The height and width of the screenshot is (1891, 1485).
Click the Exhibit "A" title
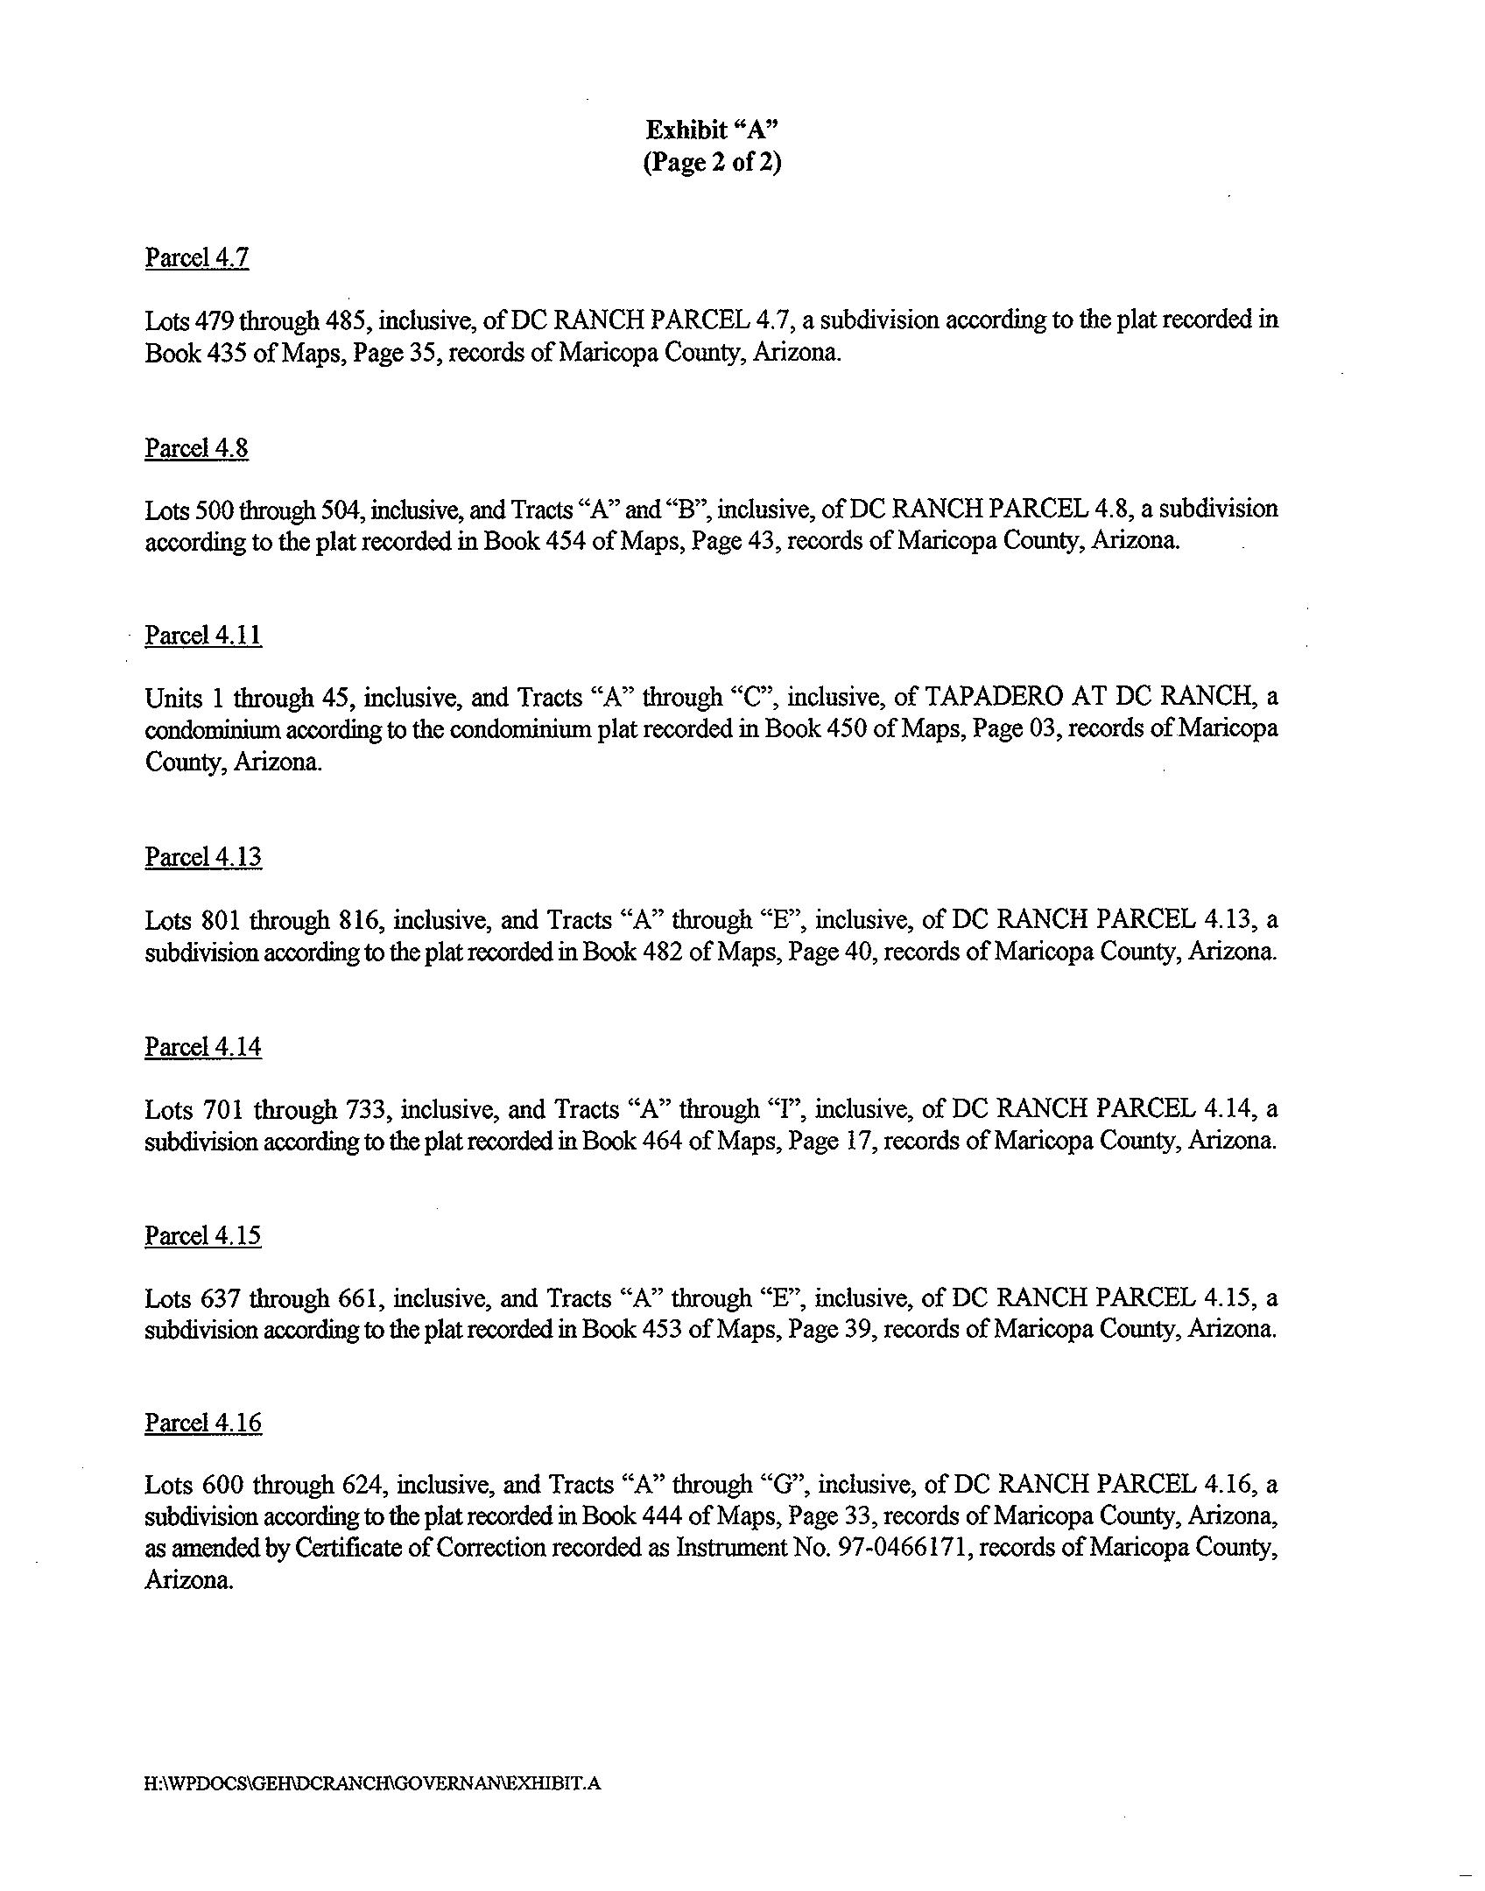(x=712, y=130)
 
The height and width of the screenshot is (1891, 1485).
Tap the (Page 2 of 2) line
(x=712, y=163)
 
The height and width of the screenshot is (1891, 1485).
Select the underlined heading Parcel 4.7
(x=197, y=258)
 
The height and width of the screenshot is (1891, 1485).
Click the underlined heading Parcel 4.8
(x=197, y=448)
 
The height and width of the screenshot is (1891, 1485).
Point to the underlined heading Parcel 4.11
(x=203, y=636)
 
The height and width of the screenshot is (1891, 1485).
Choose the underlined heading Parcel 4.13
(x=203, y=857)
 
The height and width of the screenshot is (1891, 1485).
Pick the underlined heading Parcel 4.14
(x=203, y=1047)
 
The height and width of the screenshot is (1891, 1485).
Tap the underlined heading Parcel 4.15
(x=203, y=1235)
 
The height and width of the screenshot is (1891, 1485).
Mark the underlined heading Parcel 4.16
(x=203, y=1424)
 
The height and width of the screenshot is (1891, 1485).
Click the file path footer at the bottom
(x=373, y=1783)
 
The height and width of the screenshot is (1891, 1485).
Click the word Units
(x=171, y=698)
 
